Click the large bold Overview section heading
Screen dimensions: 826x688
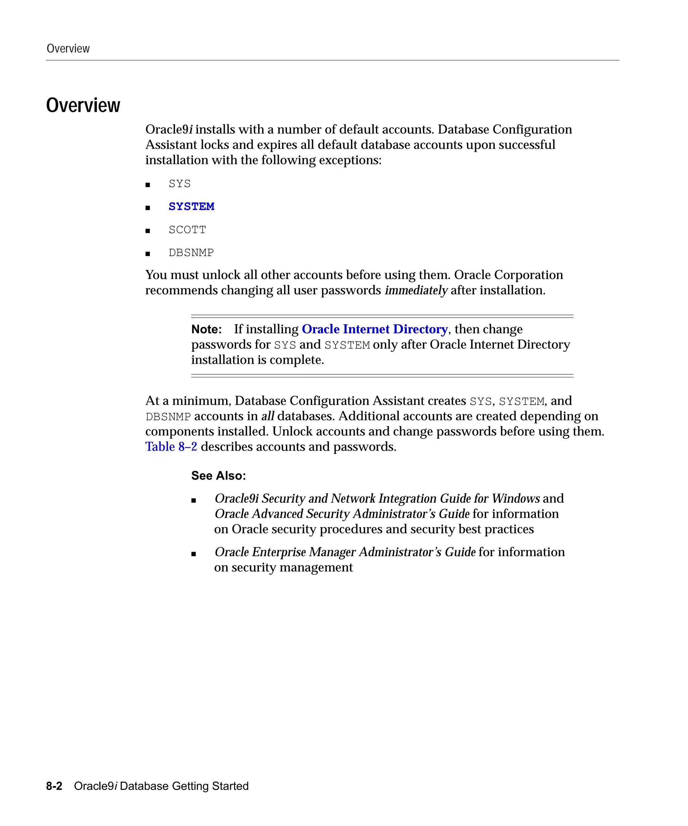tap(83, 106)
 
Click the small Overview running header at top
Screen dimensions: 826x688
tap(68, 48)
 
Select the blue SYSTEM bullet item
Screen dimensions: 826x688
tap(191, 206)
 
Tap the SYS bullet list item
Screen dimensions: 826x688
tap(179, 184)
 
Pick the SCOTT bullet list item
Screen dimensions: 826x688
tap(187, 230)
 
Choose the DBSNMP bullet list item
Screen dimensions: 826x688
tap(191, 252)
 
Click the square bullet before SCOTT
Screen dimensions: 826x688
tap(148, 231)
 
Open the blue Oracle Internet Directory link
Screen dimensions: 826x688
tap(374, 329)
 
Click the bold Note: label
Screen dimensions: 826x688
tap(206, 329)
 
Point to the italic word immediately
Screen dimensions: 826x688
tap(416, 290)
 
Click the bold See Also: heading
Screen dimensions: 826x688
tap(219, 476)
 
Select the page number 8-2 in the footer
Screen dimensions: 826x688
tap(54, 786)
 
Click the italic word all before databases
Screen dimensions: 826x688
tap(267, 416)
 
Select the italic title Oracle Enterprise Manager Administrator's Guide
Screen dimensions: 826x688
tap(345, 552)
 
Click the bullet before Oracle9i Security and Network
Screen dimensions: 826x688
tap(193, 500)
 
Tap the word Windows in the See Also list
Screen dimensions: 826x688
tap(515, 498)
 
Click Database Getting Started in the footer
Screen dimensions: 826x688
tap(184, 786)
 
